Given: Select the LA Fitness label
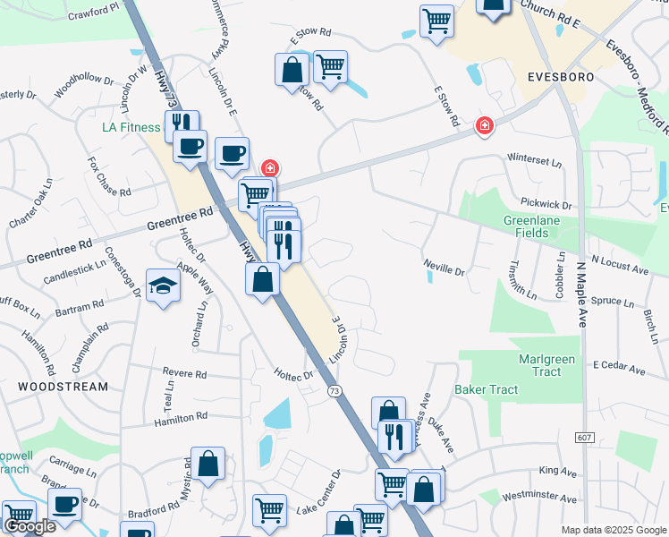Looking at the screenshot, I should pos(130,127).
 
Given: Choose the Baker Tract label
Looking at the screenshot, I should pos(486,389).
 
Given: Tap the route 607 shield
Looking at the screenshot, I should pos(585,435).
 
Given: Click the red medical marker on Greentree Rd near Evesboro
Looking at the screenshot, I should pos(484,126).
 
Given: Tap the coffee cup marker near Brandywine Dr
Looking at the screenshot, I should pos(64,504).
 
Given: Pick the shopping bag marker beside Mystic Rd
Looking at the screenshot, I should pos(207,465).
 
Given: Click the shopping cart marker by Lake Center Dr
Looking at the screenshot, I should pos(269,510).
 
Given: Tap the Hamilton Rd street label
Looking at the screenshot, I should pos(181,417).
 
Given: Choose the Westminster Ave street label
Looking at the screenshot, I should pos(540,497).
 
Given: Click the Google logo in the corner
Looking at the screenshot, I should pos(30,526).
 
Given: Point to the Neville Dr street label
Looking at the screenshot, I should pos(445,268).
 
